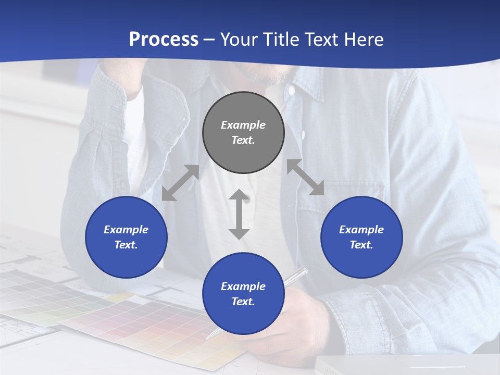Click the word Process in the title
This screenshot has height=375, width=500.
coord(164,40)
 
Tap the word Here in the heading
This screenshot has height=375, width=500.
coord(364,40)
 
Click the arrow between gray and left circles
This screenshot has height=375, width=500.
coord(180,183)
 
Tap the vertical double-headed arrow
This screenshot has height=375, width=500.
coord(239,214)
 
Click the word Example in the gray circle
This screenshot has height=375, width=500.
coord(243,125)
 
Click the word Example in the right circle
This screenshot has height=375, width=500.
coord(361,230)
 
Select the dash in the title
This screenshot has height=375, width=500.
coord(209,40)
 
